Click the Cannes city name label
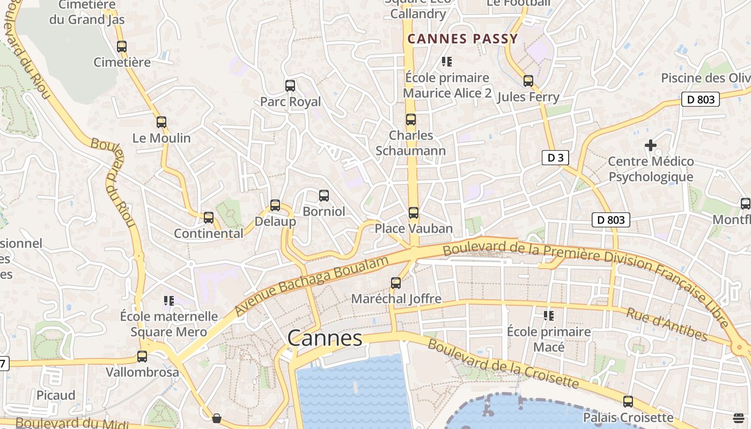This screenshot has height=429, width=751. click(325, 338)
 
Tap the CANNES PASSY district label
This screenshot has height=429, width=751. click(462, 39)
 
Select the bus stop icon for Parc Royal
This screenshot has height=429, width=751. click(290, 85)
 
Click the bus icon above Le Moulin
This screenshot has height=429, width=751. click(161, 122)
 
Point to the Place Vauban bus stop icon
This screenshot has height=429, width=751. click(413, 212)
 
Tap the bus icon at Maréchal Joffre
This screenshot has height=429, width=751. click(396, 283)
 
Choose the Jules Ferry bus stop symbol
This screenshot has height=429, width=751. click(528, 81)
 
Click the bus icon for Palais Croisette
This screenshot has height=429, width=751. click(628, 401)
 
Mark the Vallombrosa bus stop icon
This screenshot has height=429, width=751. click(142, 356)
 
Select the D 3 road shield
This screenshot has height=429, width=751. click(555, 158)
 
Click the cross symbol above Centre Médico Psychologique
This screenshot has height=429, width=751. click(651, 145)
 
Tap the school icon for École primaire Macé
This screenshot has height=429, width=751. click(549, 316)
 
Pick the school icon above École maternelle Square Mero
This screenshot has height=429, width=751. click(170, 301)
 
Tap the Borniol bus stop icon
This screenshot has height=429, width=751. click(324, 195)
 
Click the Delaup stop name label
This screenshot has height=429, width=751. click(275, 221)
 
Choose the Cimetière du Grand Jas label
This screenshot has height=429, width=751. click(87, 12)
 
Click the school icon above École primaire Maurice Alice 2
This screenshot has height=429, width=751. click(447, 62)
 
